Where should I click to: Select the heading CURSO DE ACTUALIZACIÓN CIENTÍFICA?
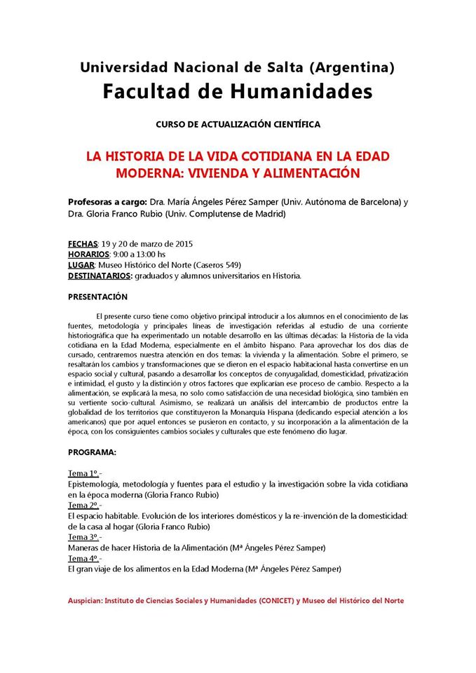click(x=238, y=124)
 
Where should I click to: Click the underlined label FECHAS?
click(x=82, y=244)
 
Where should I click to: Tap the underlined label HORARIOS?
click(x=89, y=254)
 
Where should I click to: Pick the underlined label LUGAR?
click(x=82, y=265)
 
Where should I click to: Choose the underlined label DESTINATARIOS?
click(x=102, y=276)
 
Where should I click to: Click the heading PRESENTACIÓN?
click(x=98, y=297)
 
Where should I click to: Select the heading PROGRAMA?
click(x=93, y=453)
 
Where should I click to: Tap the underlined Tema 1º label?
click(x=84, y=473)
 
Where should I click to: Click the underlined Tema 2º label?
click(x=84, y=505)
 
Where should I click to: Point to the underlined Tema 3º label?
click(x=84, y=536)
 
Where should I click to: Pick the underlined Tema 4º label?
click(x=84, y=558)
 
